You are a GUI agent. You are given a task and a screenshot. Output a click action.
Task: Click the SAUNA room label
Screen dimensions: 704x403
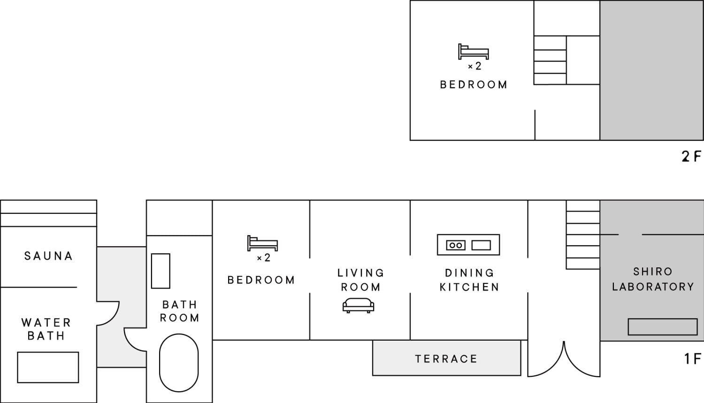coord(48,256)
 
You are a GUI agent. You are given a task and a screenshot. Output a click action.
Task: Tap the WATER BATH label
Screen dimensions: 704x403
coord(46,329)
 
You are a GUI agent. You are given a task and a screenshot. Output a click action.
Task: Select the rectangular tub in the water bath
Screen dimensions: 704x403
coord(48,367)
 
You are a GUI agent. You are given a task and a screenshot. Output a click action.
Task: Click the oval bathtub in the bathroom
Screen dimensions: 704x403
coord(179,363)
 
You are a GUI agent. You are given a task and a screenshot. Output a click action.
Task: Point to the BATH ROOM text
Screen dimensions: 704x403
coord(179,311)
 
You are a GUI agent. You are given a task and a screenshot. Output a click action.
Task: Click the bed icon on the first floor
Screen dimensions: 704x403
coord(262,243)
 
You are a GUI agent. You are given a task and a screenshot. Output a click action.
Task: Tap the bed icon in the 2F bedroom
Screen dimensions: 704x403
coord(473,52)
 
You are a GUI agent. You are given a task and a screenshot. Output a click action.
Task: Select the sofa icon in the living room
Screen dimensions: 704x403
coord(358,305)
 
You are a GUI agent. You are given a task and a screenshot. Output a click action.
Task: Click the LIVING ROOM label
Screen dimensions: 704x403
coord(360,280)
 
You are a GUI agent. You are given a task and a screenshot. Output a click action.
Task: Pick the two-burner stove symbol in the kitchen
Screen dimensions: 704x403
coord(456,245)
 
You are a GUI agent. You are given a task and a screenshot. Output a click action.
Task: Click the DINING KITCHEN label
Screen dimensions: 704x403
coord(469,280)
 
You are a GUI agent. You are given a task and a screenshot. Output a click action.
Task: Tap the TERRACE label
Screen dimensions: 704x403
coord(446,359)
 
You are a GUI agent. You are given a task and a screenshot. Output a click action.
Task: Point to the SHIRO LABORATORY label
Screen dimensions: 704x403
coord(653,279)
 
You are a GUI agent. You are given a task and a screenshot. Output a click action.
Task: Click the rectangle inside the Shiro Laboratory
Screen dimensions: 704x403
coord(663,327)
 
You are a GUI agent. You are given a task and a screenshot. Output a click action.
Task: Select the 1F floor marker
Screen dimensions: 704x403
coord(693,359)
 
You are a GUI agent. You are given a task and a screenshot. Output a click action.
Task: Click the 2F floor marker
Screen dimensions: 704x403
coord(691,156)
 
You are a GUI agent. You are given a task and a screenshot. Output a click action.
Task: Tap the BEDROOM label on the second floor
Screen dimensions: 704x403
coord(473,85)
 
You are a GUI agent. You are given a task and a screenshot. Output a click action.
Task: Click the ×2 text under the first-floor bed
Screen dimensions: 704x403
coord(263,258)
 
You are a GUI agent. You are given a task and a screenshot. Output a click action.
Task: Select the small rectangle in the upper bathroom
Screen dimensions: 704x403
coord(161,271)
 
